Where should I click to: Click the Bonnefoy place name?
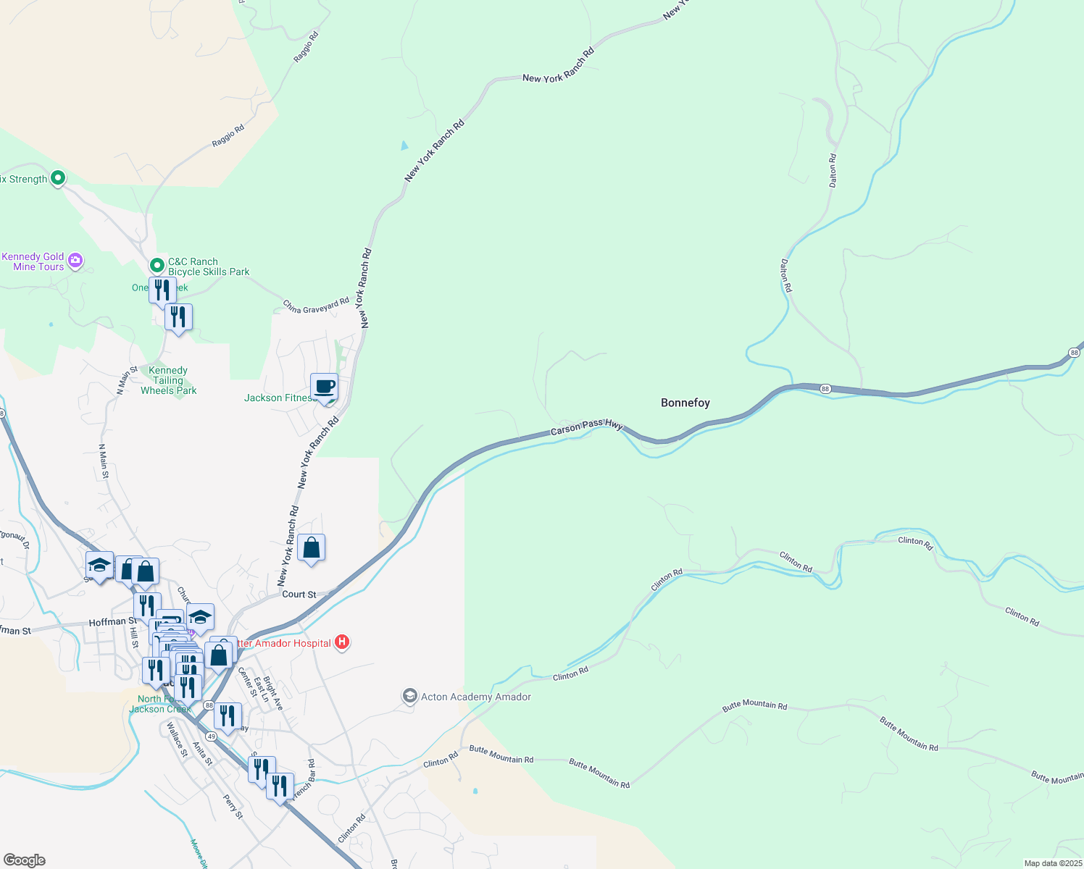[x=685, y=403]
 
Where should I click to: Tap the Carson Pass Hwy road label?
[x=586, y=427]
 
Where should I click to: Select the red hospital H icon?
[x=343, y=642]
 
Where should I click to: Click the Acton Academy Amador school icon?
[x=410, y=697]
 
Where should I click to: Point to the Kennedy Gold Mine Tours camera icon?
[x=75, y=260]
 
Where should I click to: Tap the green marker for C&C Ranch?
[x=157, y=265]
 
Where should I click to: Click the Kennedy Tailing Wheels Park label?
[x=168, y=380]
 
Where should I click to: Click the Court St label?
[x=299, y=594]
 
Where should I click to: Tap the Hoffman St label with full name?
[x=112, y=621]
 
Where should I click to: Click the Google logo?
[x=25, y=860]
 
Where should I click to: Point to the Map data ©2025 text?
[x=1053, y=863]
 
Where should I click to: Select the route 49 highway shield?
[x=211, y=736]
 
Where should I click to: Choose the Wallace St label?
[x=177, y=739]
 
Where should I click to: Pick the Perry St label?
[x=233, y=807]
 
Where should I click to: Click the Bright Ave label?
[x=273, y=693]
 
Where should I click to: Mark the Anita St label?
[x=202, y=753]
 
